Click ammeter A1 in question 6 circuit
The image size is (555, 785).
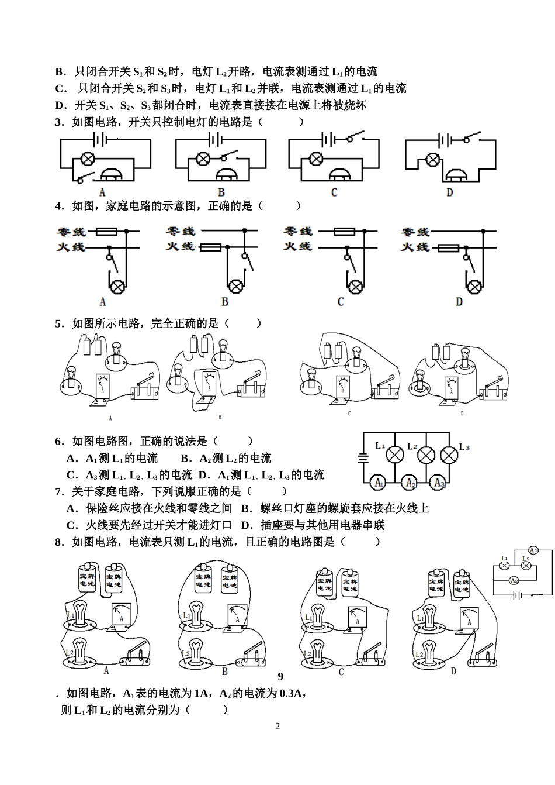[379, 483]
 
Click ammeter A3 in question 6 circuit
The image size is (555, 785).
[438, 483]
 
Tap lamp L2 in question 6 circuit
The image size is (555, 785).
[426, 455]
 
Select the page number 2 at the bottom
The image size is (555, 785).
[277, 727]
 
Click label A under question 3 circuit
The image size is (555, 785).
[102, 192]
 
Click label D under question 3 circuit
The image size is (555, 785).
[449, 192]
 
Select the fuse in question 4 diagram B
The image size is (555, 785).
[210, 248]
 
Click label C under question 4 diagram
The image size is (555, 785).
[341, 302]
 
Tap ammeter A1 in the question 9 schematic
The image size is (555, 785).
[533, 550]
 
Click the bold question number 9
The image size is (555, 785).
[280, 676]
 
